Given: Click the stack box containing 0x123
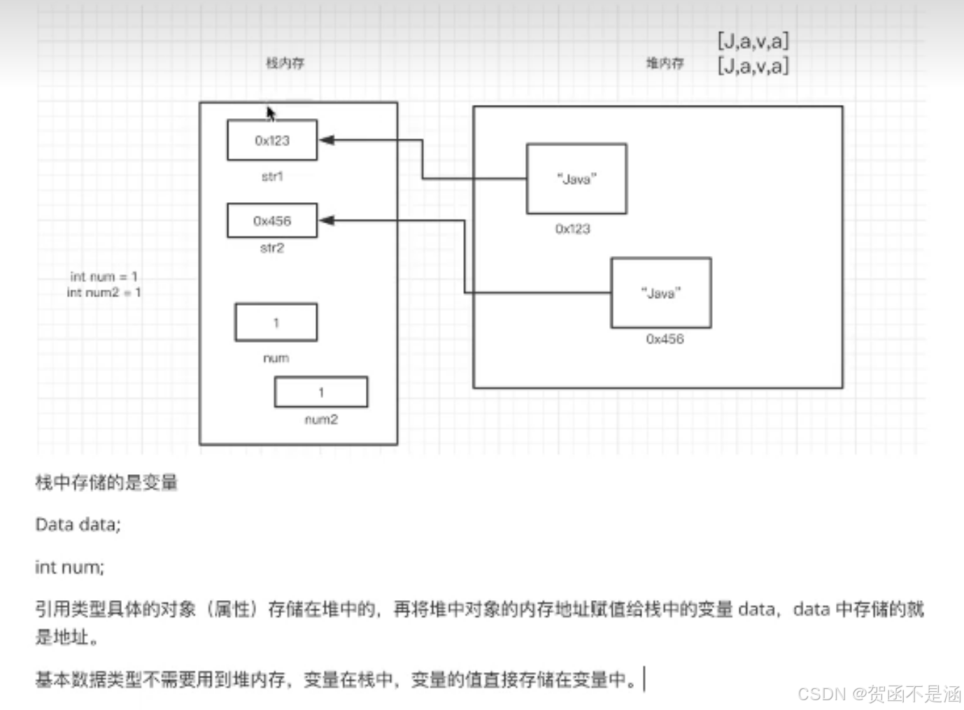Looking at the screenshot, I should pos(272,141).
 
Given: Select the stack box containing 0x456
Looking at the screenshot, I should pos(272,221).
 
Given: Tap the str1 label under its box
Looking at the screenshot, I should pos(272,177).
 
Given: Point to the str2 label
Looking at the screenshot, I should pos(272,248).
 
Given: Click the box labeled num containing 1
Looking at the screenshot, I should pos(276,322).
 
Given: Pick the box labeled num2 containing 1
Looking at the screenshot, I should pos(321,392).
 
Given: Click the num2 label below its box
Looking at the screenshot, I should pos(321,420).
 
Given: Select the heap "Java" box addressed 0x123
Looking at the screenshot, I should pos(576,179).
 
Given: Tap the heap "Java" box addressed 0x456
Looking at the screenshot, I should pos(661,293).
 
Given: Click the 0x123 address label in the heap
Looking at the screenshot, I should pos(573,229).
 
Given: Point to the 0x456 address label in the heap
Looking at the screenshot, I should pos(665,339).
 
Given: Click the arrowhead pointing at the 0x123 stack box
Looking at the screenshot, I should pos(327,140).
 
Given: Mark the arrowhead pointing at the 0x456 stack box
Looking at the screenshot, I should pos(327,220).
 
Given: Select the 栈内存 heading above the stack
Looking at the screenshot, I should pos(285,63).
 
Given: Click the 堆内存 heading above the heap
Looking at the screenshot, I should pos(665,64).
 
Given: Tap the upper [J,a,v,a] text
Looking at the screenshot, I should pos(753,41).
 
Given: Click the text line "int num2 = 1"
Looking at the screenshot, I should pos(104,292).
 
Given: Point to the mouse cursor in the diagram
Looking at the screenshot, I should pos(271,113).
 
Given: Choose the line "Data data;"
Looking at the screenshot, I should pos(78,525).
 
